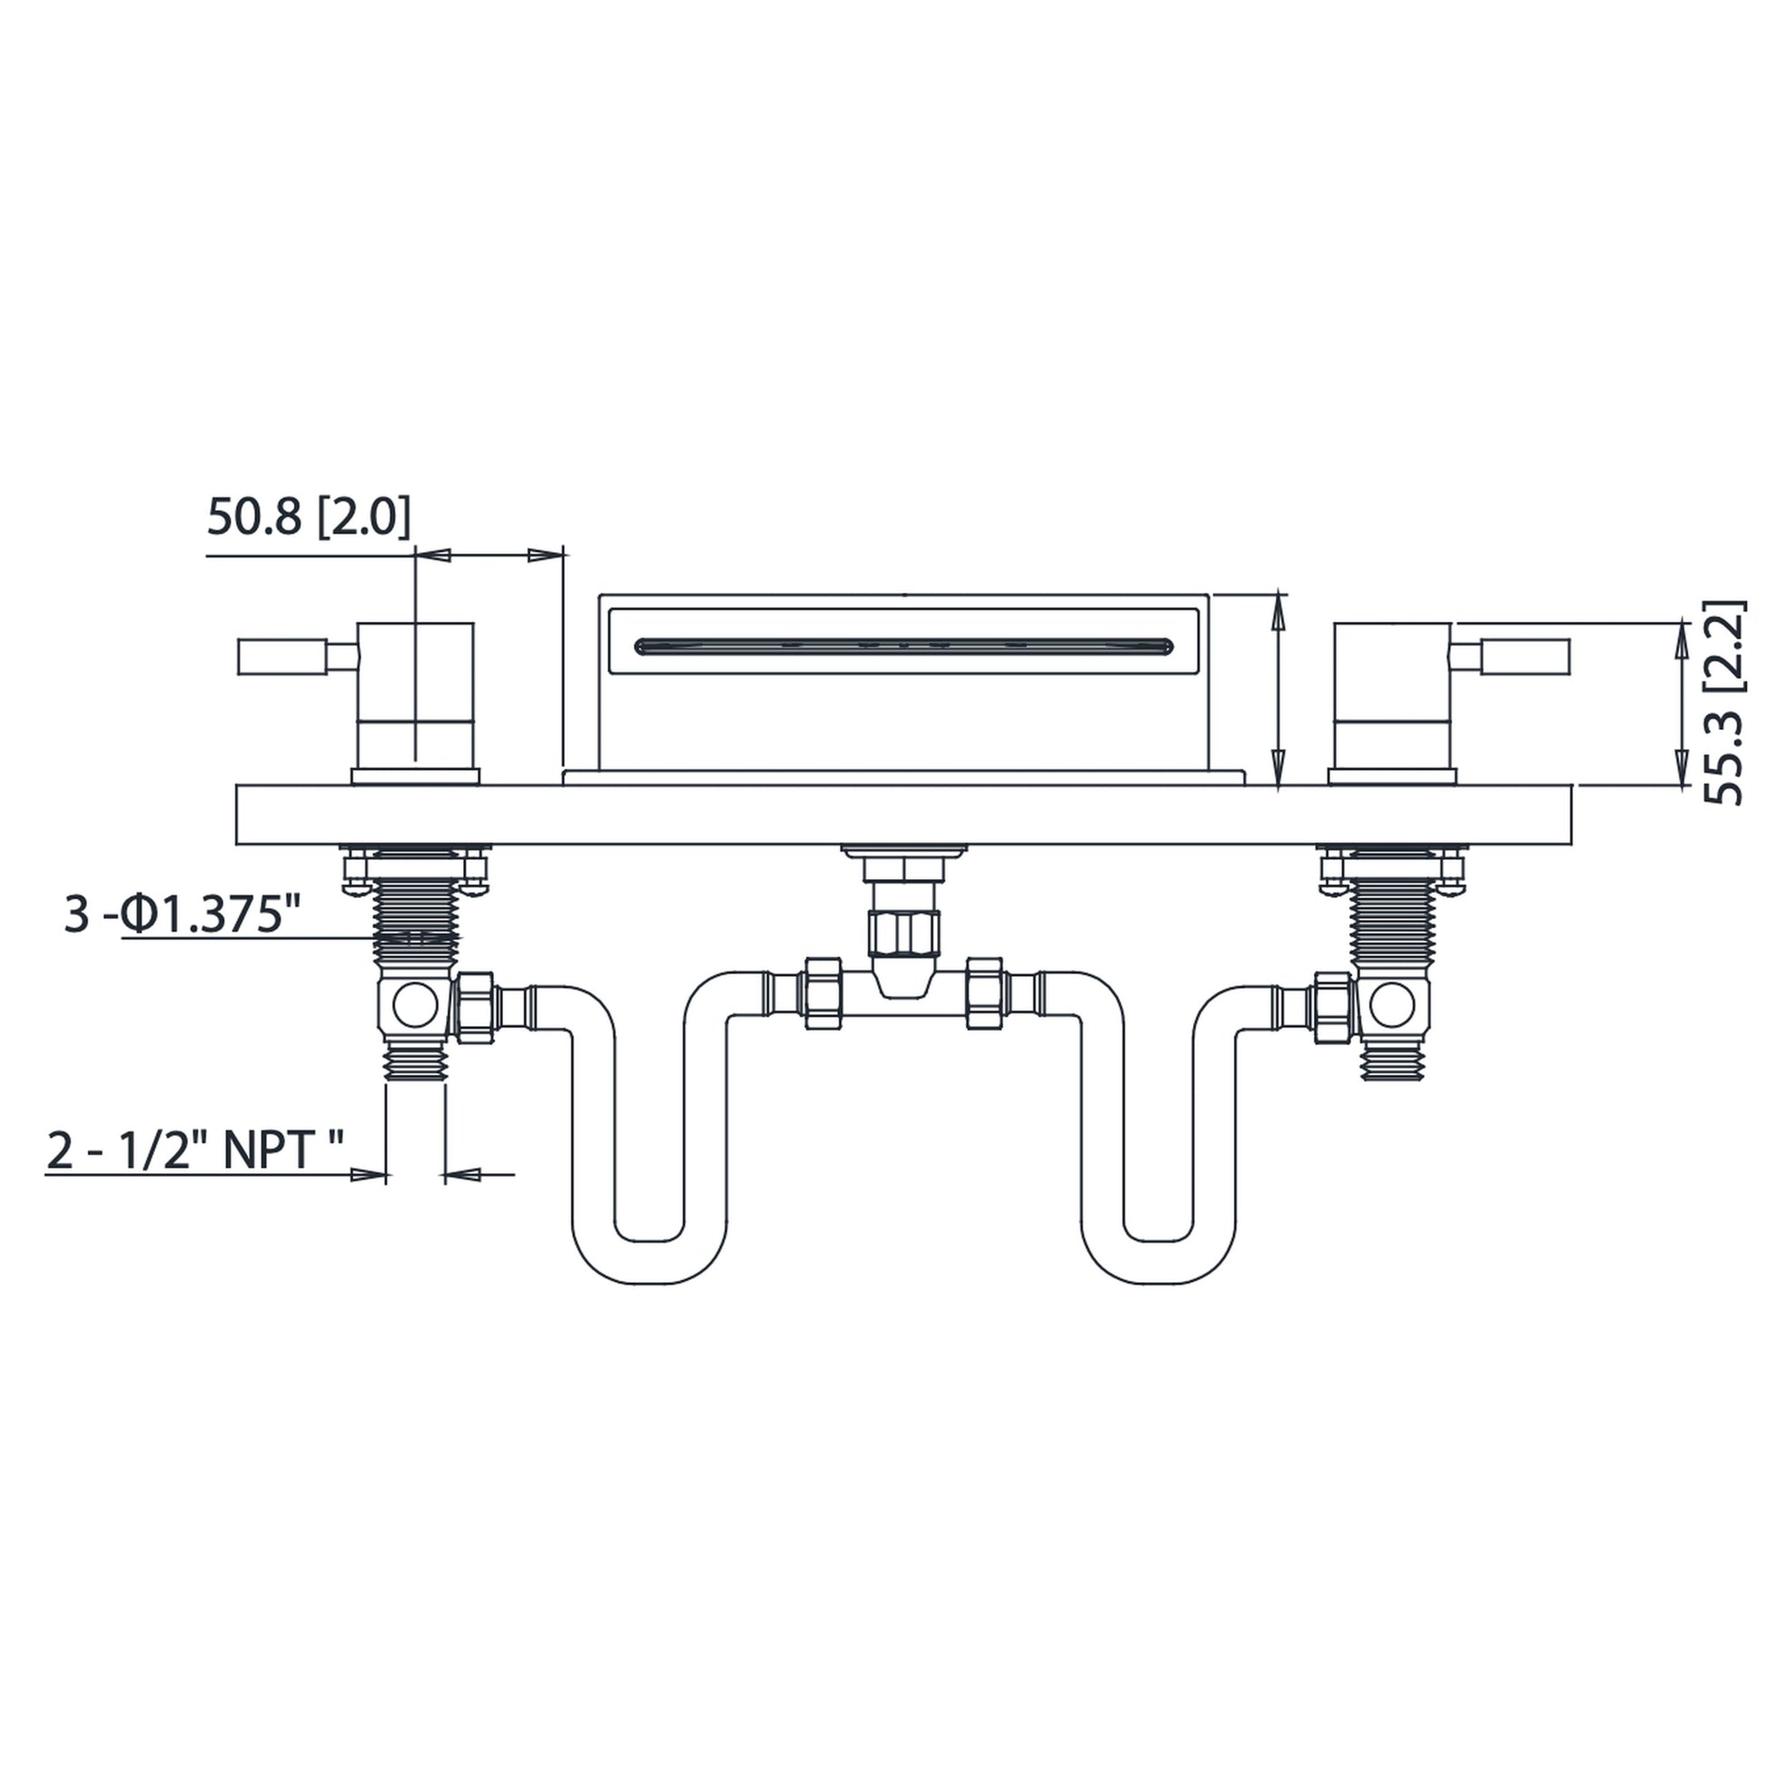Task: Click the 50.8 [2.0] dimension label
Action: (308, 517)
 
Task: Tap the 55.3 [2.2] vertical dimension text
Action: (1724, 703)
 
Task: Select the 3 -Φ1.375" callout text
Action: (182, 914)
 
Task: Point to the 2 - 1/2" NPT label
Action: (195, 1150)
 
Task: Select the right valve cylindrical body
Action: (1392, 696)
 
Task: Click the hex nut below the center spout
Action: (904, 933)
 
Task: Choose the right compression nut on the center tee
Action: (985, 994)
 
